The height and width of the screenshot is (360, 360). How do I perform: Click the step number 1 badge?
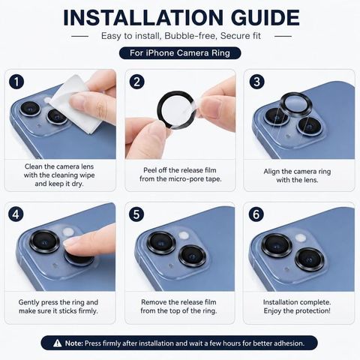coord(16,82)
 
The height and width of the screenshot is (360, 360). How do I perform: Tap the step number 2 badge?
coord(136,82)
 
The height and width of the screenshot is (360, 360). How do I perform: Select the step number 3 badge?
coord(256,82)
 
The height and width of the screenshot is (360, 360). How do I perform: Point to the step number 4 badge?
coord(16,214)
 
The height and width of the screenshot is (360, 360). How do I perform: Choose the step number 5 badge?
coord(136,214)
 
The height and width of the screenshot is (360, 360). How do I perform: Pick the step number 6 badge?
coord(256,214)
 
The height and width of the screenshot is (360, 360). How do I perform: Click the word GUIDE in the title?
coord(265,18)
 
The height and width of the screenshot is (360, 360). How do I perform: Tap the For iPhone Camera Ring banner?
coord(180,53)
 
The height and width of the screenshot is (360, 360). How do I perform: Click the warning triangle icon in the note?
coord(58,343)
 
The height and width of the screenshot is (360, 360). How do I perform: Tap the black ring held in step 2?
coord(160,110)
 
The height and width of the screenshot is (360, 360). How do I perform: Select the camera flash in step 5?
coord(184,235)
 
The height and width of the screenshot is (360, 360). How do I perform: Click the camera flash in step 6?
coord(301,238)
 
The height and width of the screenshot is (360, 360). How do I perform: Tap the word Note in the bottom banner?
coord(73,343)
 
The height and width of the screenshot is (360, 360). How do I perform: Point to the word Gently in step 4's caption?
coord(28,302)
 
